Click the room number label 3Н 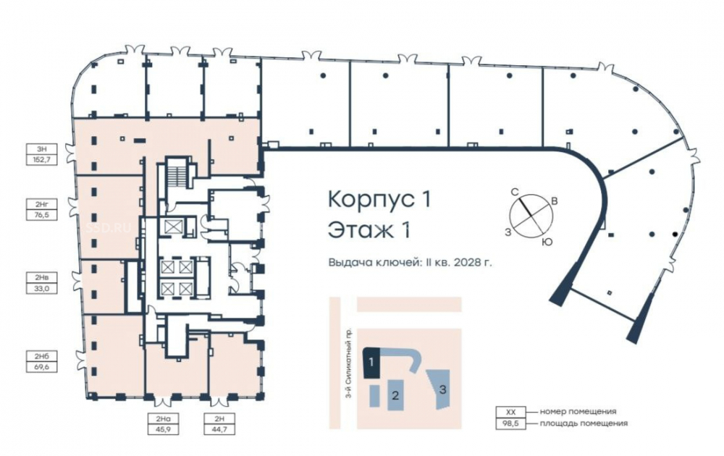click(42, 149)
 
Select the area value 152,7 click(42, 161)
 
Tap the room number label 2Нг click(42, 203)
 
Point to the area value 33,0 click(42, 289)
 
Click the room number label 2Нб click(42, 356)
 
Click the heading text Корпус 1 click(379, 199)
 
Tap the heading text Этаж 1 click(369, 230)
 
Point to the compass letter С click(513, 192)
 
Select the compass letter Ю click(547, 242)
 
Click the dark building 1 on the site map click(371, 363)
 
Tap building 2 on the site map click(395, 395)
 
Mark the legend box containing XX click(510, 412)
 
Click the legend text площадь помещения click(584, 423)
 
